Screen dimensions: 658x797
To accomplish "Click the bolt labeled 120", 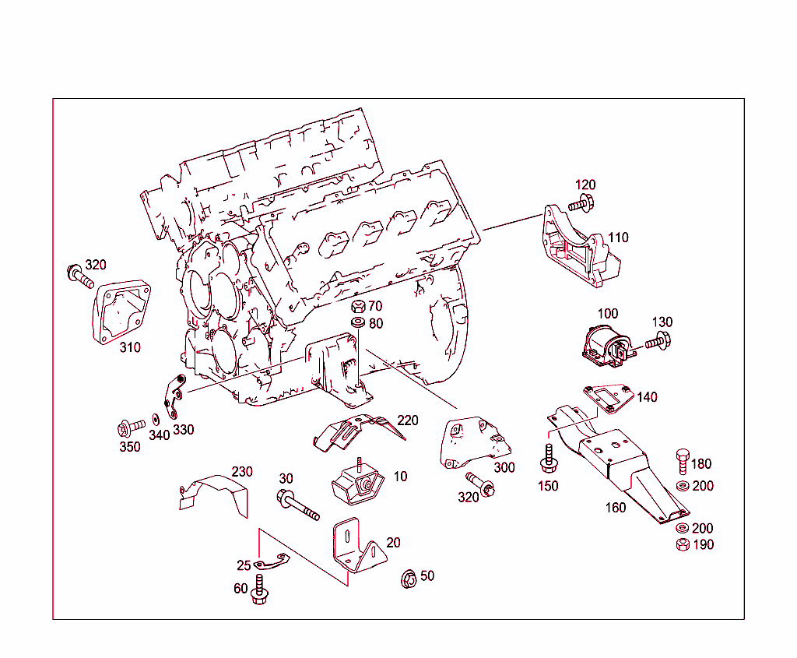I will [x=581, y=205].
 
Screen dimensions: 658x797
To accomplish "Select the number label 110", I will [x=618, y=238].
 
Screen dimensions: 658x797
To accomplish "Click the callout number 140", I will [x=647, y=397].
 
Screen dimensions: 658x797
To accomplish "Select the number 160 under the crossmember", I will [x=616, y=508].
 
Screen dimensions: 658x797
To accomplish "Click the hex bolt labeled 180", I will [x=683, y=462].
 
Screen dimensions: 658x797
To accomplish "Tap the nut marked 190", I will [x=682, y=545].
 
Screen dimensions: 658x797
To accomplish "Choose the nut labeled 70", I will [x=359, y=306].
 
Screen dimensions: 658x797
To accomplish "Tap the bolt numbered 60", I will [x=260, y=593].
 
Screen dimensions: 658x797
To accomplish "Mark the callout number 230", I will [x=242, y=472].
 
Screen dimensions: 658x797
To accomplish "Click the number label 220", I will [x=408, y=420].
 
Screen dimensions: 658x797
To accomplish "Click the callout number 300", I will [x=504, y=468].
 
